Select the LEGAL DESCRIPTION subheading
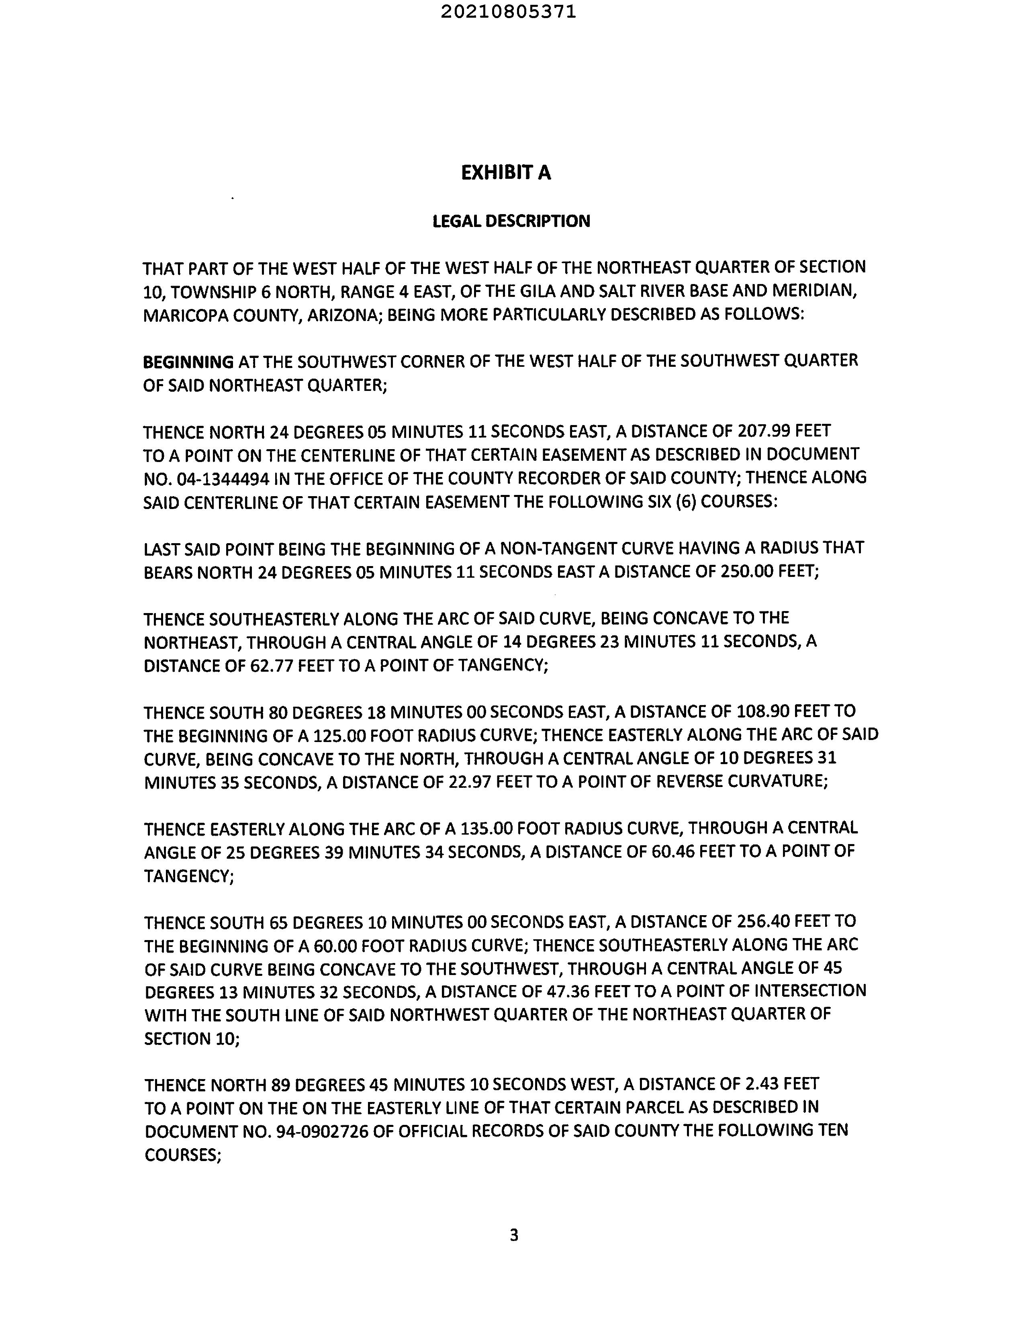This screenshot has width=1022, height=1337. [511, 221]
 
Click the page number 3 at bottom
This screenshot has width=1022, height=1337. [514, 1235]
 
